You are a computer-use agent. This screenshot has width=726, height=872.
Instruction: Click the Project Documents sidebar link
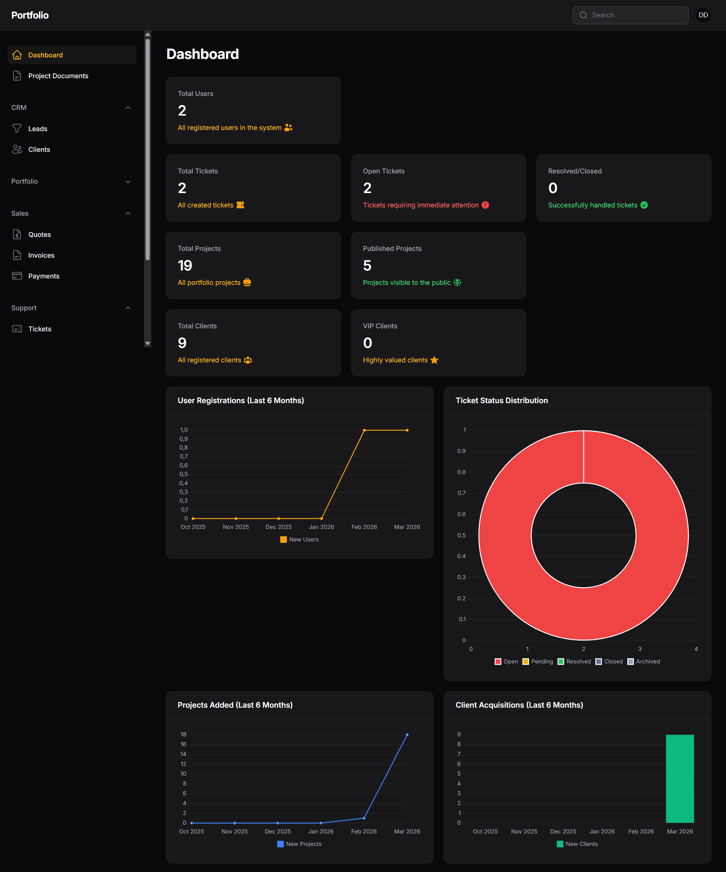coord(58,76)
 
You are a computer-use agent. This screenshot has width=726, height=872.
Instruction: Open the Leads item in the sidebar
coord(37,129)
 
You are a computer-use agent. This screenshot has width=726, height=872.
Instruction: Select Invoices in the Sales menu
coord(41,255)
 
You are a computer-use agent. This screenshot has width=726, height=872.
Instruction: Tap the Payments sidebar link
coord(43,276)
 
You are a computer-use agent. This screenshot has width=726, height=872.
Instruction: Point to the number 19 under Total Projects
coord(185,265)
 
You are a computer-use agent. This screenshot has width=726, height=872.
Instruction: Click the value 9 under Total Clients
coord(182,343)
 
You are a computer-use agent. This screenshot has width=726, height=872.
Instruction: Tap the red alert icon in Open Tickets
coord(485,205)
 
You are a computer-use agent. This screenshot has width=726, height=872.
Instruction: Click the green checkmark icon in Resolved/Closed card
coord(644,205)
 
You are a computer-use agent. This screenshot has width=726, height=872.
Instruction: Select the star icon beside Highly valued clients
coord(434,360)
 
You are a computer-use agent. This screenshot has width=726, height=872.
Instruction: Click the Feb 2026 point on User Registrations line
coord(364,430)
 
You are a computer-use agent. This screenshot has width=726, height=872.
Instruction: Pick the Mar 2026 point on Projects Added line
coord(407,735)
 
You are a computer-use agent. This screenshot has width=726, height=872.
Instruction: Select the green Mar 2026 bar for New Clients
coord(679,779)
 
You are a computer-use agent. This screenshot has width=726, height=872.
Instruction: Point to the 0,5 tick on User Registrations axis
coord(183,474)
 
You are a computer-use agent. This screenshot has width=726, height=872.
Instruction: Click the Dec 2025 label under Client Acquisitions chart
coord(563,831)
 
